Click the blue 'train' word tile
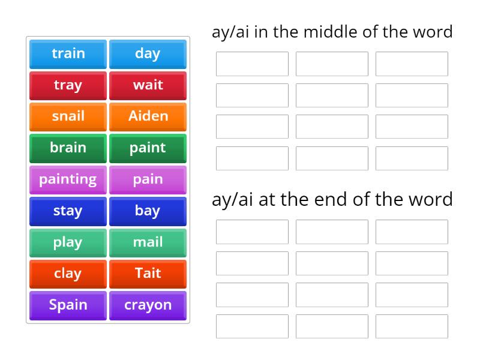pos(68,54)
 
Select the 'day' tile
pos(148,54)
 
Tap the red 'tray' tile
pos(68,85)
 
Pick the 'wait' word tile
pos(148,85)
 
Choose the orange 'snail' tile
pos(68,116)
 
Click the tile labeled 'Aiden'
pos(148,116)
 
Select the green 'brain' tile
pos(68,148)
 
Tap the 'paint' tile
pos(148,148)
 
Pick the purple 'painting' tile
pos(68,179)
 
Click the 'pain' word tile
pos(148,179)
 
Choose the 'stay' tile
pos(68,211)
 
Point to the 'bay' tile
pos(148,211)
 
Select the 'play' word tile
pos(68,242)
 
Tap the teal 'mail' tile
pos(148,242)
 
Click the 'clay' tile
pos(68,274)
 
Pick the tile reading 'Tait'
pos(148,274)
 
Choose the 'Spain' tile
pos(68,305)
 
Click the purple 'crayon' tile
pos(148,305)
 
